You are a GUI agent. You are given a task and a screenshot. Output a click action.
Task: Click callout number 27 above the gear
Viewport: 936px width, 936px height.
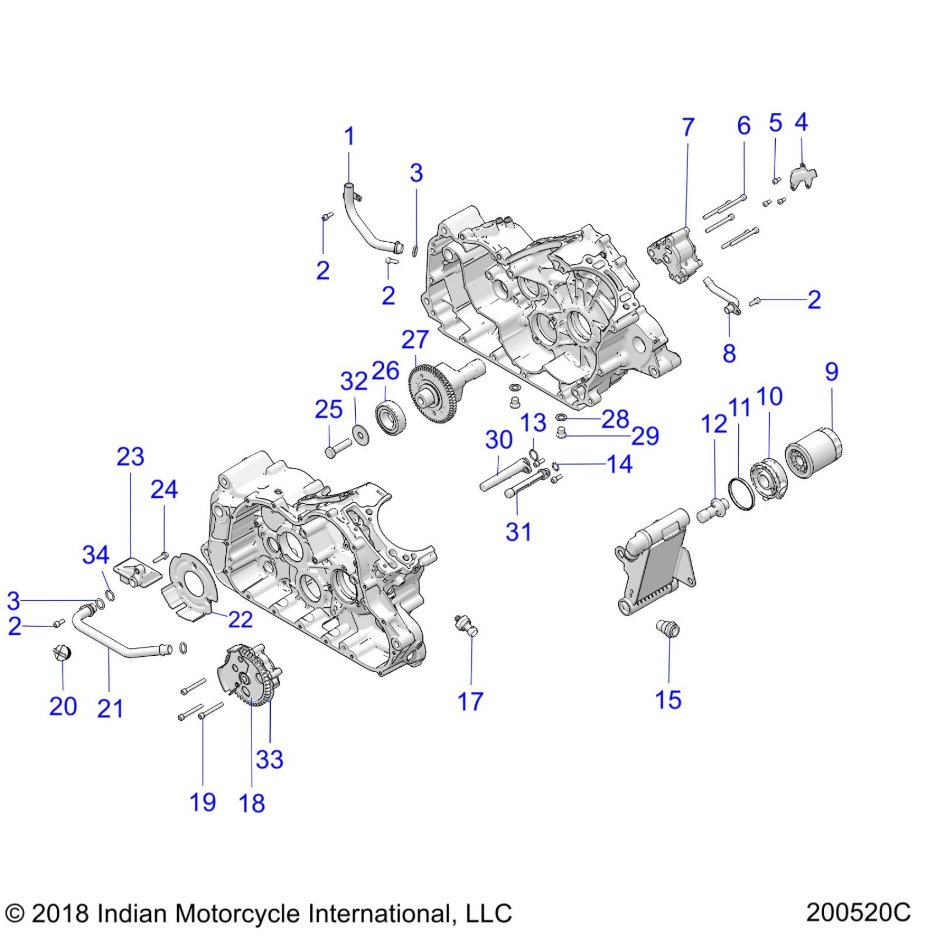pyautogui.click(x=415, y=340)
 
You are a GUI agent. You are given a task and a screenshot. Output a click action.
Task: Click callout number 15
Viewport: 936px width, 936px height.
pyautogui.click(x=668, y=700)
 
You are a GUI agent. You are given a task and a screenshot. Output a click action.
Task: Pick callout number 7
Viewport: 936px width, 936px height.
pyautogui.click(x=688, y=127)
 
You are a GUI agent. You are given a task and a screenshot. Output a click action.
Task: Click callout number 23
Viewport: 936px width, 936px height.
pyautogui.click(x=130, y=456)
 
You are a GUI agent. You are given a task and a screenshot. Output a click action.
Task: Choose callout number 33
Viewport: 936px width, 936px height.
pyautogui.click(x=269, y=759)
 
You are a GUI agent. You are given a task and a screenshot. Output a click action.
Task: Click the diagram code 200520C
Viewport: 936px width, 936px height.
pyautogui.click(x=858, y=912)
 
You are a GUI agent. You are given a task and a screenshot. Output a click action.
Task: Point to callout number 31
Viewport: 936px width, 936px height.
pyautogui.click(x=518, y=532)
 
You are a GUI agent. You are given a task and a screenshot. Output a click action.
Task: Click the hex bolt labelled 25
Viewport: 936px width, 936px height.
pyautogui.click(x=338, y=447)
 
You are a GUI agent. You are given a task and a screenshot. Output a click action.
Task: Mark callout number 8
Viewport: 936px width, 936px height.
pyautogui.click(x=729, y=353)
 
